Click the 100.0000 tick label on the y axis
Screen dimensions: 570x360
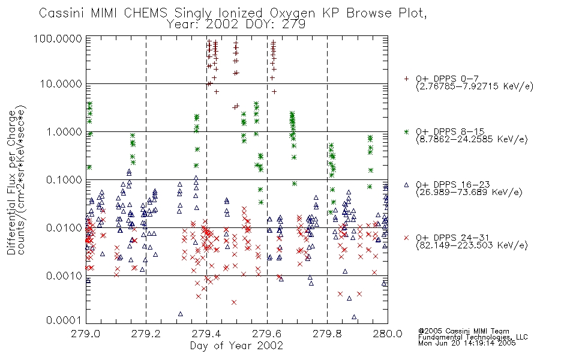tap(58, 38)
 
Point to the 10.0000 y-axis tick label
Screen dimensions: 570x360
tap(61, 84)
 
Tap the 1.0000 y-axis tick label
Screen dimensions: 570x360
tap(64, 131)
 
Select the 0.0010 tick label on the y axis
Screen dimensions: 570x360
tap(64, 275)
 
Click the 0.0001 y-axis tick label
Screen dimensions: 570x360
tap(64, 320)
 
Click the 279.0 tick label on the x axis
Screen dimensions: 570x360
tap(86, 334)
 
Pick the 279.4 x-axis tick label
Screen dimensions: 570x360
tap(206, 334)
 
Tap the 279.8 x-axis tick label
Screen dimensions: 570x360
tap(327, 334)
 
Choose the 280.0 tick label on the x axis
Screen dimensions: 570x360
tap(388, 334)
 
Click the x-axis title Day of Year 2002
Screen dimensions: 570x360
tap(236, 346)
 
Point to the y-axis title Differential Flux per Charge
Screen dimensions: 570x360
tap(11, 182)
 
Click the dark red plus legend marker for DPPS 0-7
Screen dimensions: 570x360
tap(406, 79)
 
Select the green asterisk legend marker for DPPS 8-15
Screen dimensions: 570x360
tap(406, 131)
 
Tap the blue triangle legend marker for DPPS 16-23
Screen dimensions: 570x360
tap(406, 185)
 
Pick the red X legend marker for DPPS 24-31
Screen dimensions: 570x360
tap(406, 238)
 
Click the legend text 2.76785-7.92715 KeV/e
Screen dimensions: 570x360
tap(475, 86)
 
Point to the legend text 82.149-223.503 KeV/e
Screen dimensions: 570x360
tap(472, 245)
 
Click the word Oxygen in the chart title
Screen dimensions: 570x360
tap(292, 14)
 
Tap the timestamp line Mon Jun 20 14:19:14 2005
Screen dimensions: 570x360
tap(467, 343)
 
